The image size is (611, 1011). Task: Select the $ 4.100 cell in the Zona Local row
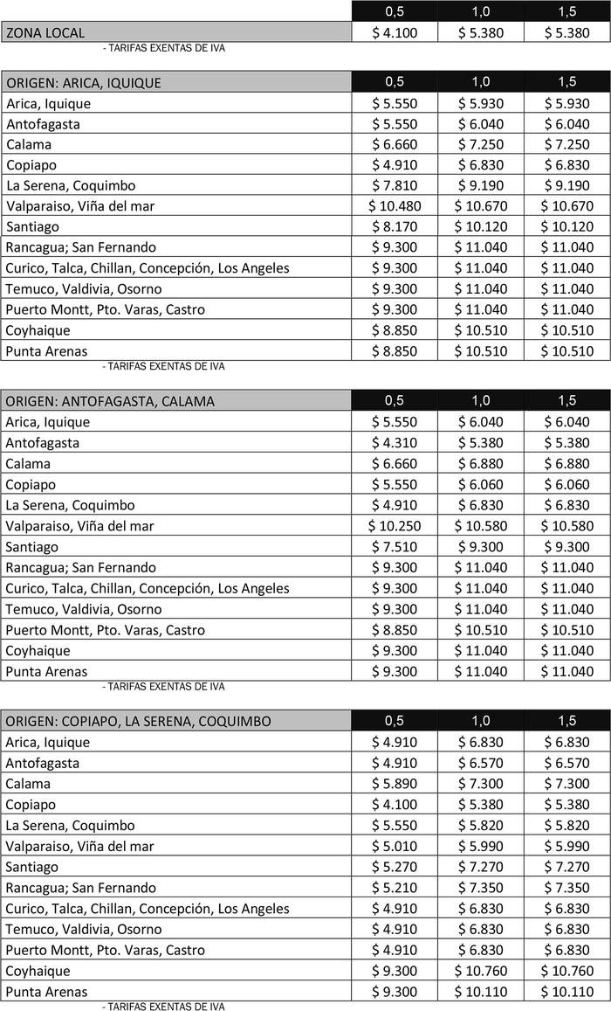pos(394,33)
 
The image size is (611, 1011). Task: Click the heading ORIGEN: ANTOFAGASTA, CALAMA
pos(110,401)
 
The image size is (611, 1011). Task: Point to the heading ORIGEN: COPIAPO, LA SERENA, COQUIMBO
pos(138,721)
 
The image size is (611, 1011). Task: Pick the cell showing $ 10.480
pos(394,206)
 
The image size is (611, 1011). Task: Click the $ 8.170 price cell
pos(394,226)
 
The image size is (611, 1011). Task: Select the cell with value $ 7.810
pos(394,185)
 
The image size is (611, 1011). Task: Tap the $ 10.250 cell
pos(394,526)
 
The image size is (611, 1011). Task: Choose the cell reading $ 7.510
pos(394,547)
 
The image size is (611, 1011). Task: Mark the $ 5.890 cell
pos(394,784)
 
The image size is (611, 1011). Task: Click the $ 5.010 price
pos(394,846)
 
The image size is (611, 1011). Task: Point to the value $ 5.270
pos(394,867)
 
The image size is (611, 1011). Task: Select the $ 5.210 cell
pos(394,888)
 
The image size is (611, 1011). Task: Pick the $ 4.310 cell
pos(394,443)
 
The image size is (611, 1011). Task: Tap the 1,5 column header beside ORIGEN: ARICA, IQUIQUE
pos(566,82)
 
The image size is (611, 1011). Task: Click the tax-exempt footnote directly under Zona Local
pos(164,48)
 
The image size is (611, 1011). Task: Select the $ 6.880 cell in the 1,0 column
pos(480,464)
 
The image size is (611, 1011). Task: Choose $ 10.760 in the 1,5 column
pos(566,971)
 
